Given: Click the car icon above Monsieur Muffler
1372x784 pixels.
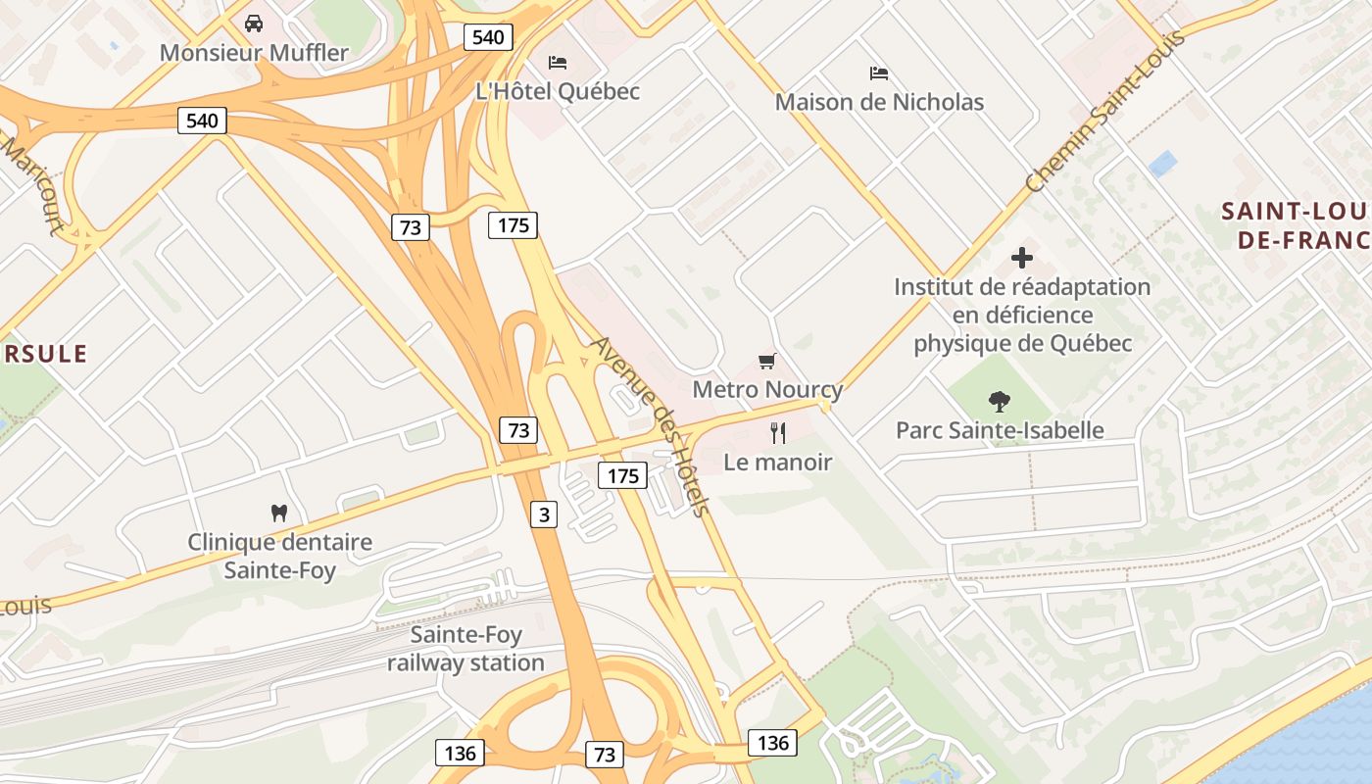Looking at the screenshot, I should (x=254, y=23).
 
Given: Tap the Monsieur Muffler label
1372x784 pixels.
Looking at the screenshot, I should (x=254, y=52).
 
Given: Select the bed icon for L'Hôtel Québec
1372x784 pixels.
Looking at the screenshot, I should (x=558, y=63).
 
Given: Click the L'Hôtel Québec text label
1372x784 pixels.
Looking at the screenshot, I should (x=558, y=91).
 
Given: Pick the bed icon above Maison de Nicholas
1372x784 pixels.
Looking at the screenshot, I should (x=879, y=73).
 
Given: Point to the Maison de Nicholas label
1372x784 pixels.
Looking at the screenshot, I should (x=879, y=102).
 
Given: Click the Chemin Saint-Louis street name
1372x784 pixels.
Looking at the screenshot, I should (x=1104, y=111).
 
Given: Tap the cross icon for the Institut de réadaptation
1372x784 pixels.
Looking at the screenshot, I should (x=1022, y=258).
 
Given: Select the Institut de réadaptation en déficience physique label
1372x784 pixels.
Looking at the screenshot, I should (x=1022, y=315).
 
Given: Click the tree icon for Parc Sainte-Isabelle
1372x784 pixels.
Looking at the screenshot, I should (x=1000, y=401).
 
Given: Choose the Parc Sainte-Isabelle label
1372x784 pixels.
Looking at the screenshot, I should (x=1000, y=430).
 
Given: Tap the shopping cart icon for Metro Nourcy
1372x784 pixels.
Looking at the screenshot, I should (x=767, y=362).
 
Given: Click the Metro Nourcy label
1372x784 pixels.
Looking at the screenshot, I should (x=767, y=389).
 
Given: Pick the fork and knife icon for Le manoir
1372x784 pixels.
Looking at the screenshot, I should (x=778, y=432).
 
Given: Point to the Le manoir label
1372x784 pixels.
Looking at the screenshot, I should (x=778, y=462).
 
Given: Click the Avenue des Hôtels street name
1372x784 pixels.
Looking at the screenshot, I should (x=650, y=426).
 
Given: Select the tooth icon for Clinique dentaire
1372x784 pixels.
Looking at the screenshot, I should (x=279, y=513).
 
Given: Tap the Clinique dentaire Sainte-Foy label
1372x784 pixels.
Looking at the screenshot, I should (x=279, y=556).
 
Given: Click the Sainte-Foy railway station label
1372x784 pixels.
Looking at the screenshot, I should (x=465, y=649).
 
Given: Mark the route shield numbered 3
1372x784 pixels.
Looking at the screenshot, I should (x=544, y=514).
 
